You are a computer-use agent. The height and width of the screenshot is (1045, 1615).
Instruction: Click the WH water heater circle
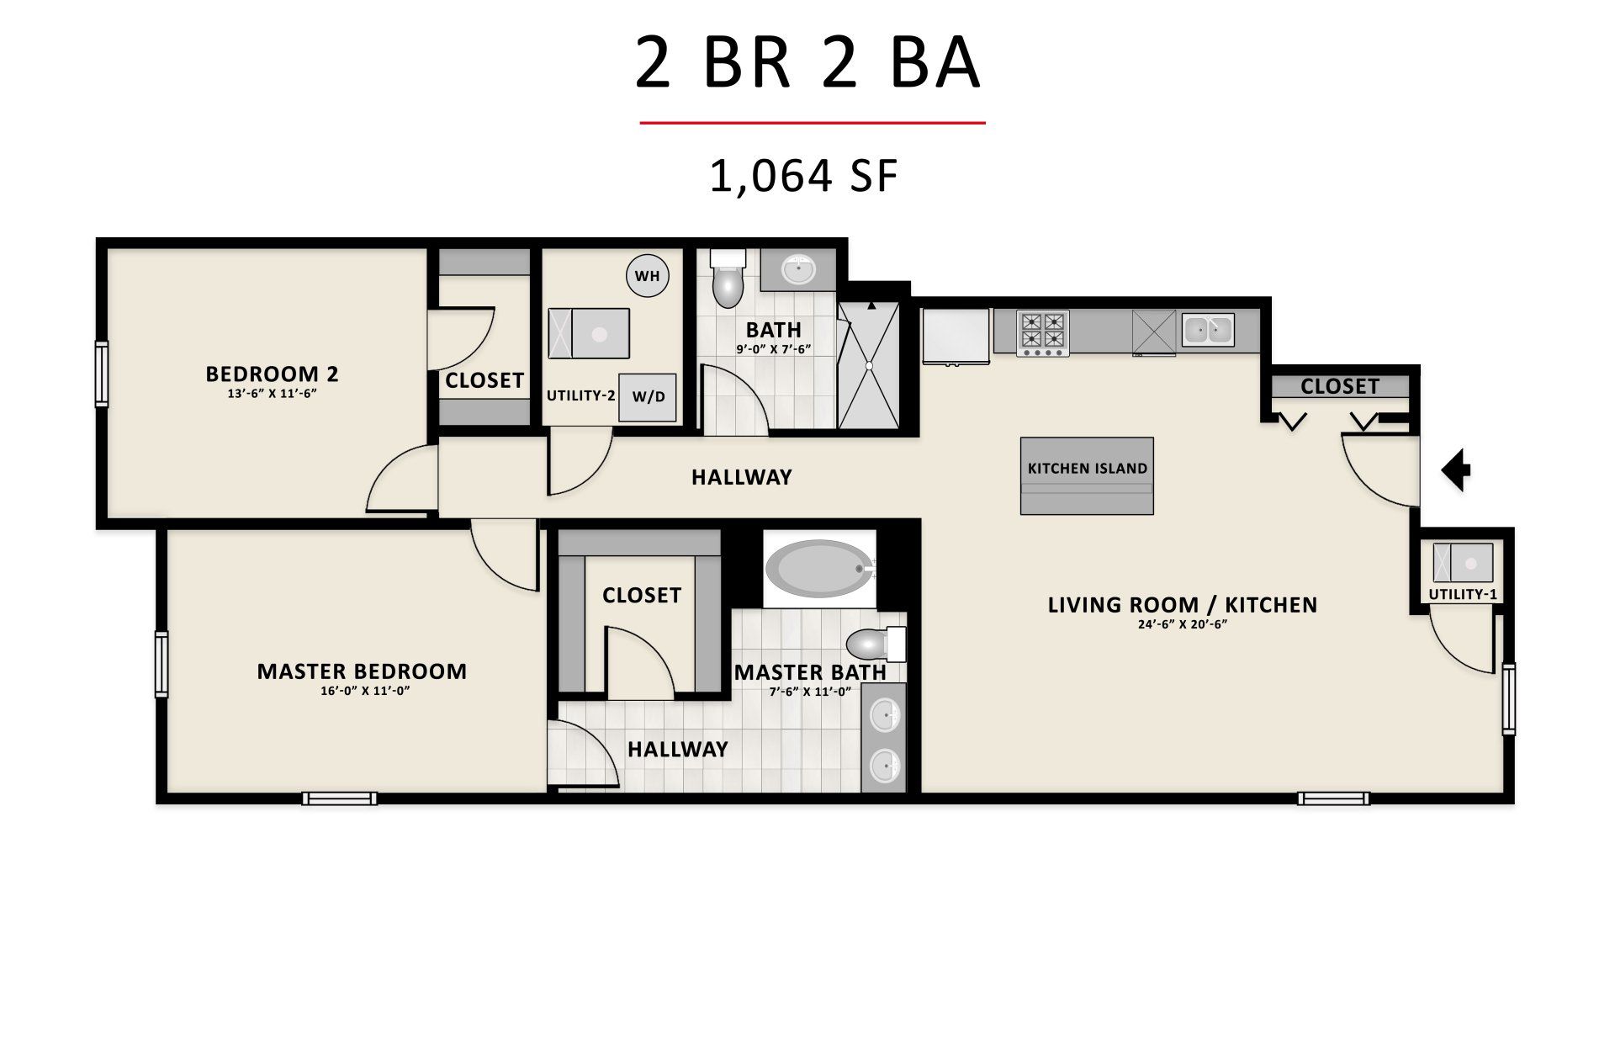point(648,275)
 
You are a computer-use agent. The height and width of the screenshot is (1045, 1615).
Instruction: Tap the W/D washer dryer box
point(648,397)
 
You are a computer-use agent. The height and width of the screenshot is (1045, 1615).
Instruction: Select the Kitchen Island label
point(1088,469)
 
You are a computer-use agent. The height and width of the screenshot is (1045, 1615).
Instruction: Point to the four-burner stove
point(1043,333)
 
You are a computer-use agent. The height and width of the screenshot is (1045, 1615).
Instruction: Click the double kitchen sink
point(1208,331)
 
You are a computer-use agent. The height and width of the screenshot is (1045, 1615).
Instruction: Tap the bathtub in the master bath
point(820,570)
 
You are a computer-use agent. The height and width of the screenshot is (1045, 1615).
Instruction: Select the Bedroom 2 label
point(273,373)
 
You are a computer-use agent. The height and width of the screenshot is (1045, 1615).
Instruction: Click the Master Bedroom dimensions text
point(362,691)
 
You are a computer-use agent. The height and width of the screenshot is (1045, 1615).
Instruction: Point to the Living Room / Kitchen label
point(1183,604)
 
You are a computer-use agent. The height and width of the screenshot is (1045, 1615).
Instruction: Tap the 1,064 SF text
point(805,177)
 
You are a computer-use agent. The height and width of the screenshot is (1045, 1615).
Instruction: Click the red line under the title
point(813,123)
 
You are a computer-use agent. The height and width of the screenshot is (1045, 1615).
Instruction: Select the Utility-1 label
point(1463,594)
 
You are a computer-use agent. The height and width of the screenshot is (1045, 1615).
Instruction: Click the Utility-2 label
point(581,395)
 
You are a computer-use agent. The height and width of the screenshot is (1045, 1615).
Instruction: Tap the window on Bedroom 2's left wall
point(102,374)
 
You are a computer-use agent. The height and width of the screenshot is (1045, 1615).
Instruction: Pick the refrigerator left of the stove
point(956,337)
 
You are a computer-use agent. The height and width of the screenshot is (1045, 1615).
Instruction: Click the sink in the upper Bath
point(797,270)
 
